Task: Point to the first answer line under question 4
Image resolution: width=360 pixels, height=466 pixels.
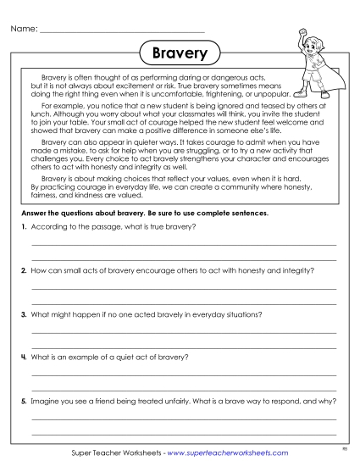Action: (184, 374)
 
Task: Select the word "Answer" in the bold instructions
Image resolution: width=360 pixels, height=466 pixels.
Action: (34, 213)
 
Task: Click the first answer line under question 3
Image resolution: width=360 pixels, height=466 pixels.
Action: (184, 331)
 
